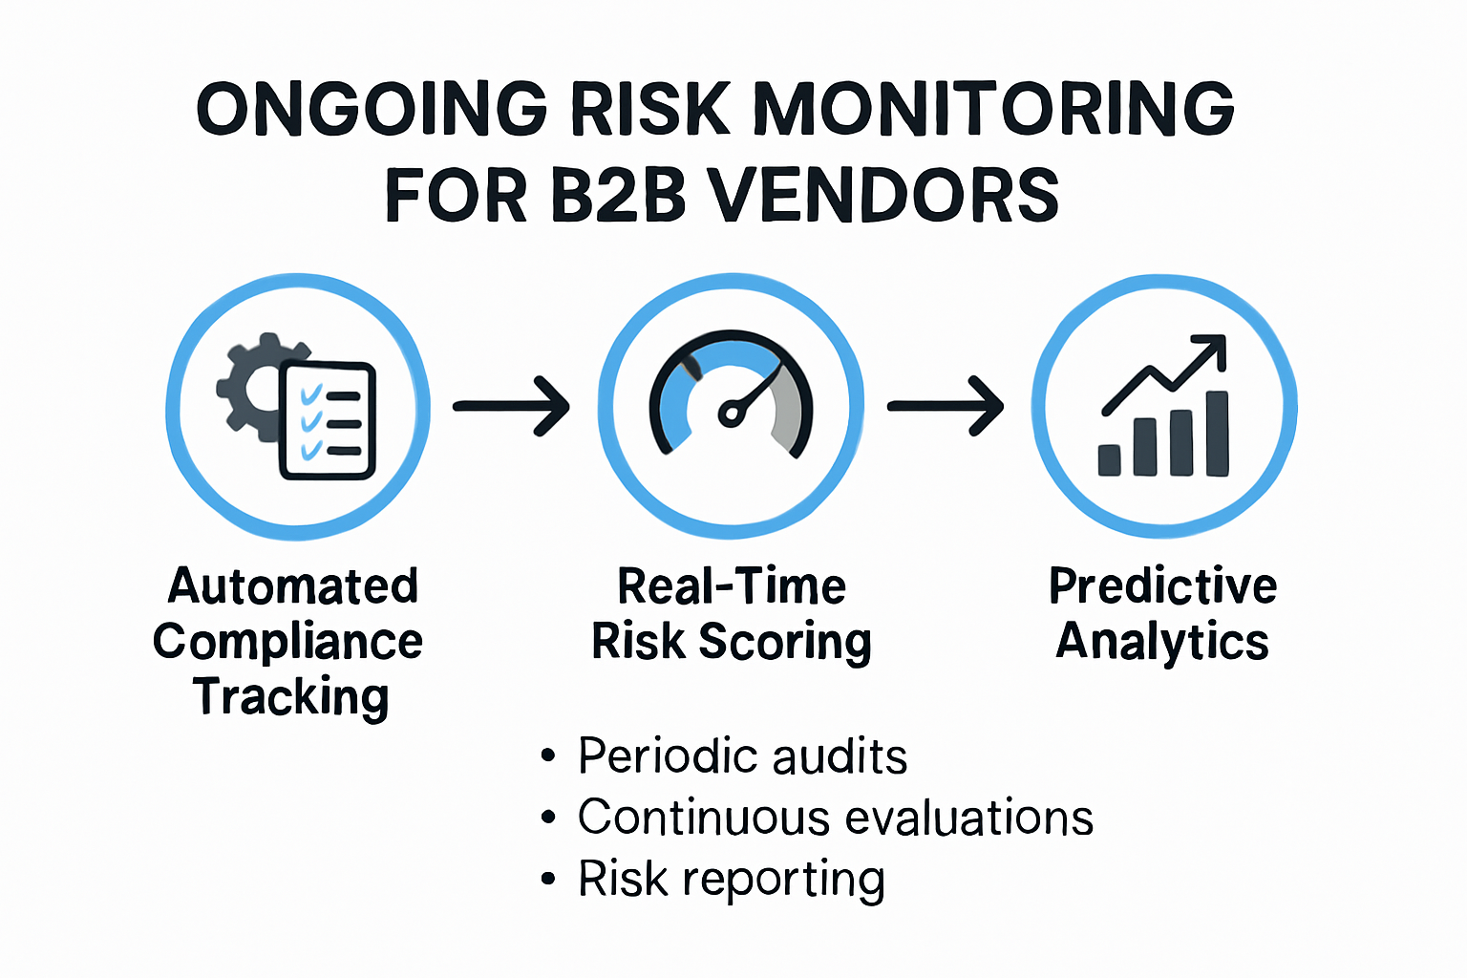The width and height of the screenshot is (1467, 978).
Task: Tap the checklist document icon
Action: pyautogui.click(x=329, y=420)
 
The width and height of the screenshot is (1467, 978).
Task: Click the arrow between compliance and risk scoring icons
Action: pyautogui.click(x=511, y=406)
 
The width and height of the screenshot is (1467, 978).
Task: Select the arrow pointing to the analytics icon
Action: pyautogui.click(x=946, y=406)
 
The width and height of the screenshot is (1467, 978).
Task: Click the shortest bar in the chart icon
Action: pyautogui.click(x=1109, y=459)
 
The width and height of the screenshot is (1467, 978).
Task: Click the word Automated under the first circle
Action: pyautogui.click(x=293, y=586)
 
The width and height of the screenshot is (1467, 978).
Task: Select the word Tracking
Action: pyautogui.click(x=291, y=697)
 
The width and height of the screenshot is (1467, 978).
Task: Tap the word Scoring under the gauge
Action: pyautogui.click(x=785, y=642)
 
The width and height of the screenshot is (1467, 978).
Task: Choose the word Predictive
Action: pyautogui.click(x=1162, y=586)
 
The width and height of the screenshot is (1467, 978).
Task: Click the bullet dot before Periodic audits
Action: pyautogui.click(x=547, y=756)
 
